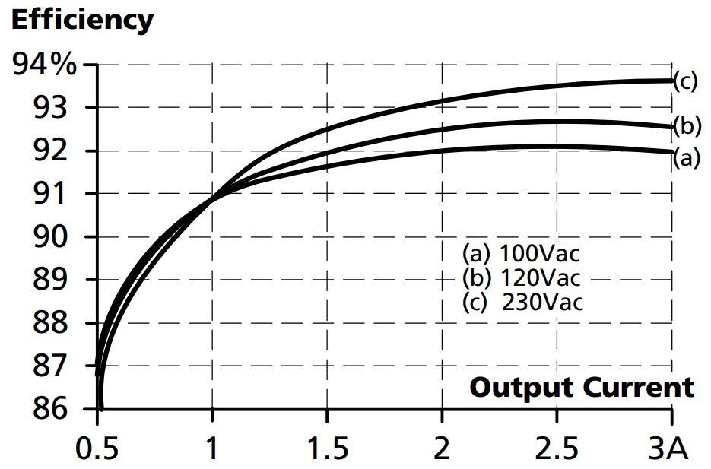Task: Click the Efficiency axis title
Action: [x=82, y=21]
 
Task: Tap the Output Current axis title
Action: [x=582, y=387]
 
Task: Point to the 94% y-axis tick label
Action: [x=45, y=65]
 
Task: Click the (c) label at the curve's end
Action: [x=686, y=81]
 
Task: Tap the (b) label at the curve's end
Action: [x=686, y=125]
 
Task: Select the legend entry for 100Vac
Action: [x=526, y=252]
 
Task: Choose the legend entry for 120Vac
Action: [x=526, y=277]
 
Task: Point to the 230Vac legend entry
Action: [x=523, y=302]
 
